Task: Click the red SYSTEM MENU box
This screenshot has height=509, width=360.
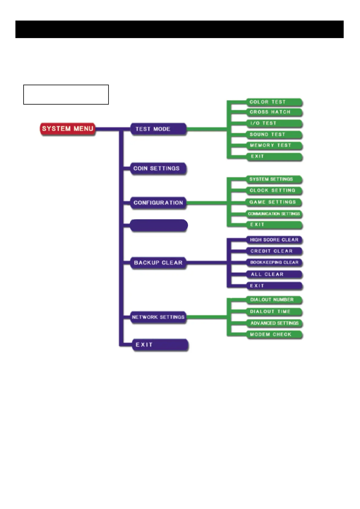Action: click(x=67, y=129)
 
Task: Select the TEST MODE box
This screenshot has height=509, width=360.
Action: click(x=158, y=129)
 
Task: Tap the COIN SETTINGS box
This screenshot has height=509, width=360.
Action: click(x=158, y=168)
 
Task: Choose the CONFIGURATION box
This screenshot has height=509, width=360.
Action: click(x=158, y=203)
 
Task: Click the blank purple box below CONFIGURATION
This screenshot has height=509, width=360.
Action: click(x=158, y=225)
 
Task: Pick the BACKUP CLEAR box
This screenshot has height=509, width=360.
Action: click(x=158, y=263)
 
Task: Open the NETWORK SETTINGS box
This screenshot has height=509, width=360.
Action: click(x=158, y=317)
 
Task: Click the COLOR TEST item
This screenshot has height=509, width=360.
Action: click(x=274, y=102)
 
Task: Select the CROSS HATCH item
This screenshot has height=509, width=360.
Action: click(x=274, y=112)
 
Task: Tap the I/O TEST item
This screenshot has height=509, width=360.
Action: click(x=274, y=123)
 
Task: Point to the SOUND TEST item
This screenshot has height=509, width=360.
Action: click(x=274, y=135)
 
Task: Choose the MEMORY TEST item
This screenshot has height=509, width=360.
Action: click(x=274, y=145)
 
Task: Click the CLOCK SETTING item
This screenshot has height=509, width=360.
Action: click(x=274, y=190)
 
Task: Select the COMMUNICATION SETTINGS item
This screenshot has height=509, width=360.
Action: click(x=274, y=214)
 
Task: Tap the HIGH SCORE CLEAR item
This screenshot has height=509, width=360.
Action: click(x=274, y=240)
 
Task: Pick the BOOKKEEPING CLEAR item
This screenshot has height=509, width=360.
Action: click(x=274, y=262)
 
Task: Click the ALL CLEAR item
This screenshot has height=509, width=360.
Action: click(x=274, y=274)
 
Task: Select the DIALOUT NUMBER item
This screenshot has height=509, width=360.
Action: click(x=274, y=300)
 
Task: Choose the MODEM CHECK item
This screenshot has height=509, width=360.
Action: click(x=274, y=335)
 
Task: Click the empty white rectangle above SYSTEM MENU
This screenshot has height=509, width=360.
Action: click(x=66, y=95)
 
